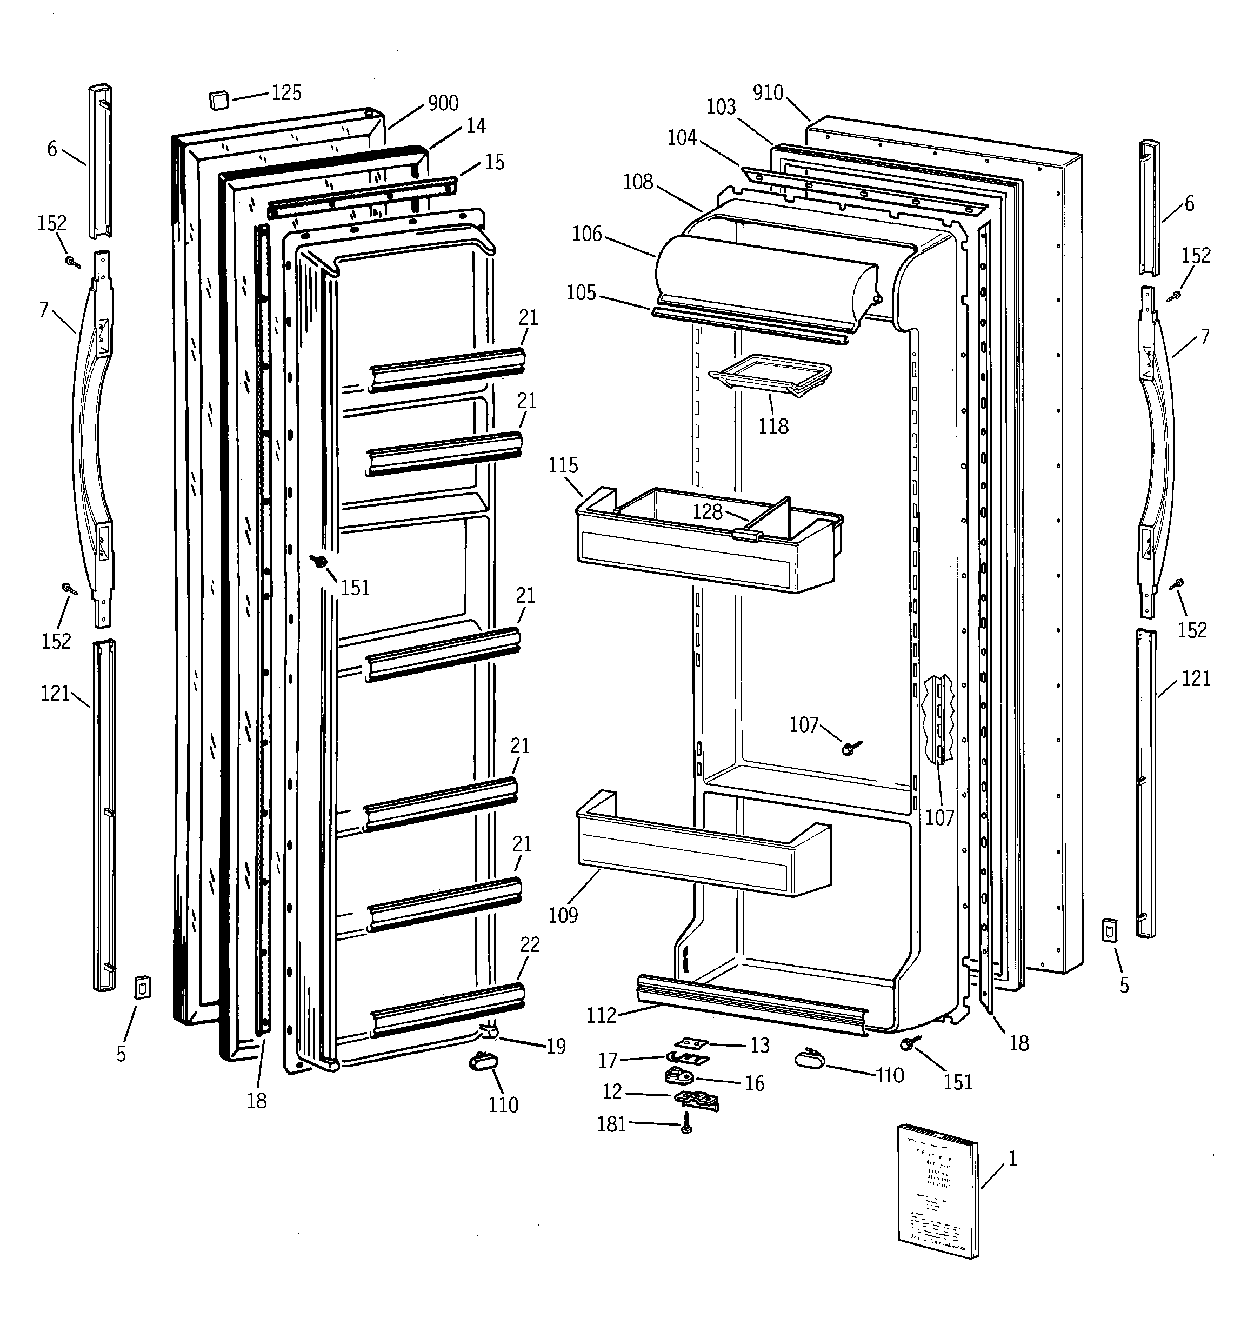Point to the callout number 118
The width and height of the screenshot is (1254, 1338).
pos(773,426)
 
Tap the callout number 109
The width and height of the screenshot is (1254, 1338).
pos(563,915)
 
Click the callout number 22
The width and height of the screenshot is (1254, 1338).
pos(530,945)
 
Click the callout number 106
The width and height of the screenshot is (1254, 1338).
pos(587,234)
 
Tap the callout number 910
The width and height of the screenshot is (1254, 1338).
pos(768,93)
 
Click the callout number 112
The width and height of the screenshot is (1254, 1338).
pos(601,1015)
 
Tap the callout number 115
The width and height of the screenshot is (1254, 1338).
pos(563,465)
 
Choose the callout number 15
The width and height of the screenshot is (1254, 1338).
pos(494,162)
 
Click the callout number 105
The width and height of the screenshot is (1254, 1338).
pos(581,293)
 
